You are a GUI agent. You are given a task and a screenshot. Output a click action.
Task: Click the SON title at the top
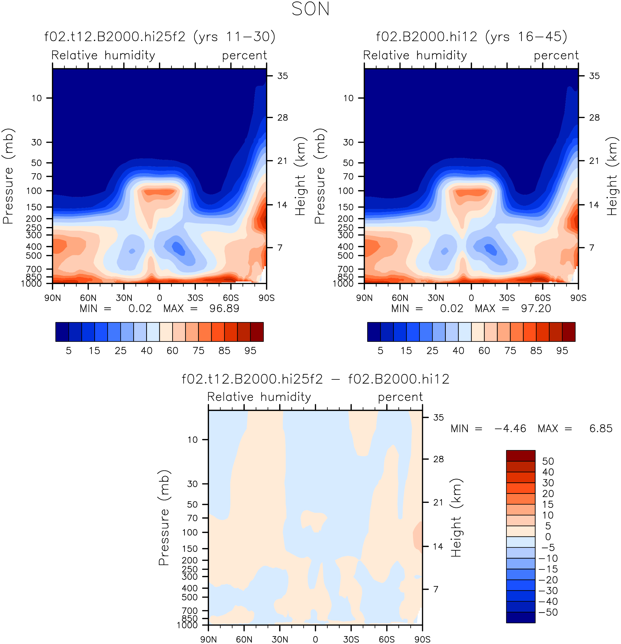310,9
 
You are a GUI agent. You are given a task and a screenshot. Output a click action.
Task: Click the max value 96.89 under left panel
224,309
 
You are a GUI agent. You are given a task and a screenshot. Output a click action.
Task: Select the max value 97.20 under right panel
536,309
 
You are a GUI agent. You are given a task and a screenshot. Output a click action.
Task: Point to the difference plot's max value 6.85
601,428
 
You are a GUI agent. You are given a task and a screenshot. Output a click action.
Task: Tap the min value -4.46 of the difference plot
510,428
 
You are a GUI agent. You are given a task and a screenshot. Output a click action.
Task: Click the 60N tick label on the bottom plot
244,639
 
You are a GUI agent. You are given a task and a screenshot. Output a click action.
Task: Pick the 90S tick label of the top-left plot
266,298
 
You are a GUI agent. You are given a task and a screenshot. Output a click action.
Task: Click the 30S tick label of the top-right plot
507,298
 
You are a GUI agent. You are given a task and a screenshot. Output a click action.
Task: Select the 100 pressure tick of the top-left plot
34,191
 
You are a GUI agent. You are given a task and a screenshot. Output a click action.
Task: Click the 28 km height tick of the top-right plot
594,118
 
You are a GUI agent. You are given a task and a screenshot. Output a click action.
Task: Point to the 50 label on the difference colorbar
548,461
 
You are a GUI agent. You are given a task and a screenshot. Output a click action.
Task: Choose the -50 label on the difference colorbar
548,612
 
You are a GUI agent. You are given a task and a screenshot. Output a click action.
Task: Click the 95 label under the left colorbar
250,351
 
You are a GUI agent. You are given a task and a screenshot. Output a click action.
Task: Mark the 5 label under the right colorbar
380,351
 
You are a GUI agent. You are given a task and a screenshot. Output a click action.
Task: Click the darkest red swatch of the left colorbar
257,332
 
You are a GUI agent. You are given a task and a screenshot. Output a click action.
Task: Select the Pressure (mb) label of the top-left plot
8,176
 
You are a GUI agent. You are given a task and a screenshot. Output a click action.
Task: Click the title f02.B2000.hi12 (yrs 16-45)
471,37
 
